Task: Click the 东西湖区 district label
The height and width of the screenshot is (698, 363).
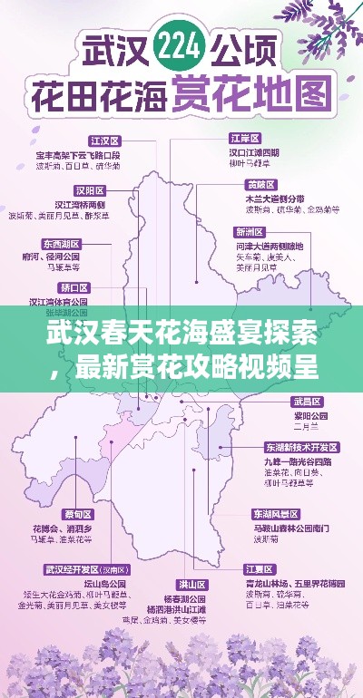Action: (x=60, y=244)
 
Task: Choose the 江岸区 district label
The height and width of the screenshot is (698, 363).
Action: (x=245, y=138)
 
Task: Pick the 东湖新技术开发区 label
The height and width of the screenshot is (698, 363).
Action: (x=301, y=448)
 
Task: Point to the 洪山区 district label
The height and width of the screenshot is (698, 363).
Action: (x=192, y=584)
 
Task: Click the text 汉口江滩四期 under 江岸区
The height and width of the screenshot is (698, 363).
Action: (x=254, y=153)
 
